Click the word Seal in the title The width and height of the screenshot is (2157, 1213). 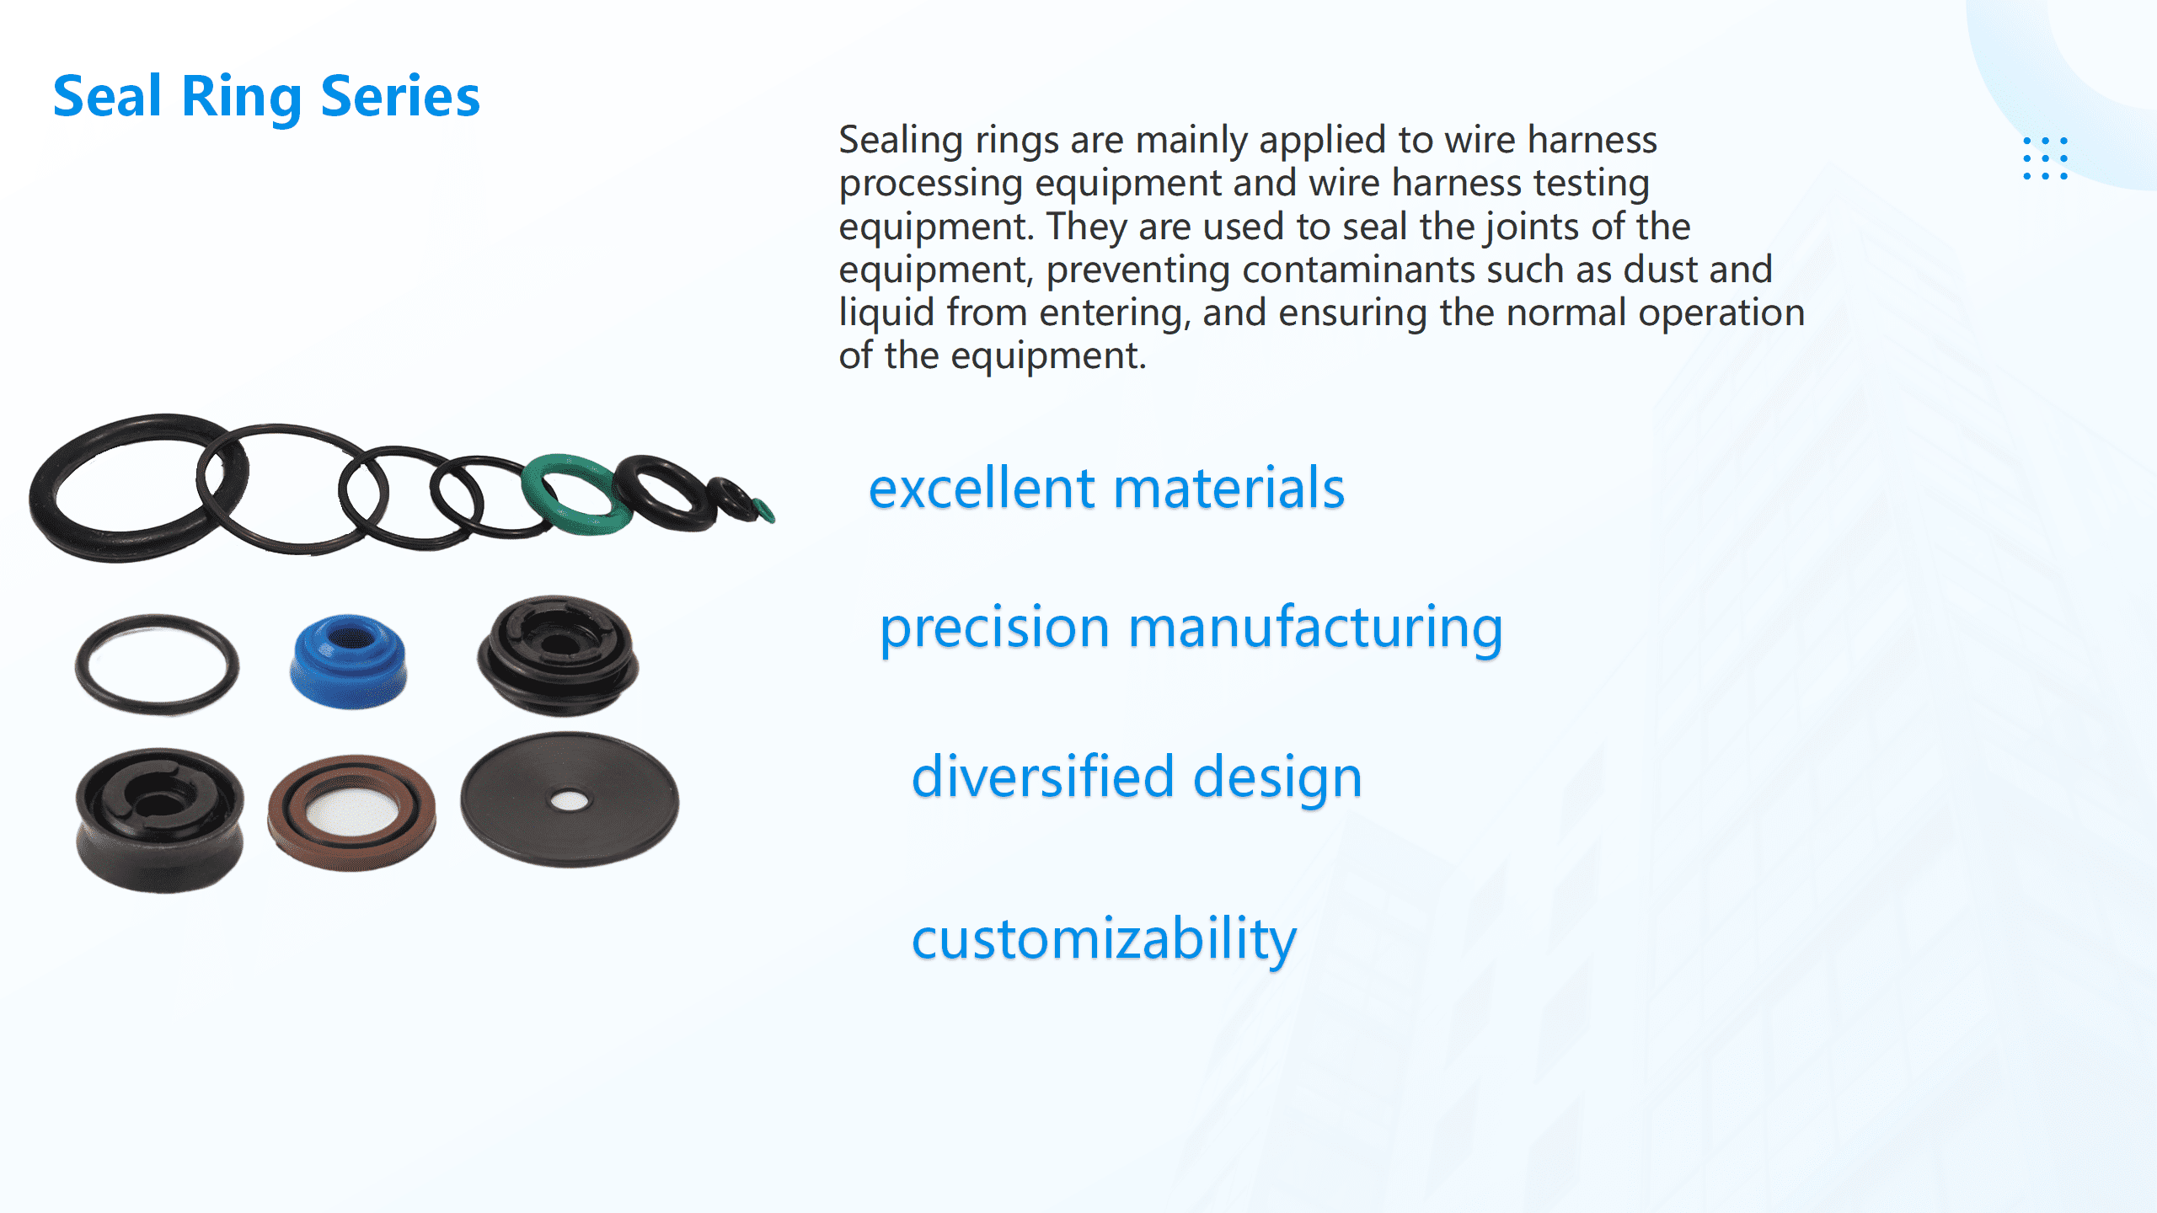107,96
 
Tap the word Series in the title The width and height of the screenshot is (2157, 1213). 400,96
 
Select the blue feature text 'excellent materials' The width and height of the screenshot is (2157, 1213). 1106,489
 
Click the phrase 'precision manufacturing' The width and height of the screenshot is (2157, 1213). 1191,628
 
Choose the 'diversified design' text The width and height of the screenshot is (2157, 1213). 1137,777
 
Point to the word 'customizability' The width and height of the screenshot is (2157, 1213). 1104,938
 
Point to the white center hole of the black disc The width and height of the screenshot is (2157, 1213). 570,800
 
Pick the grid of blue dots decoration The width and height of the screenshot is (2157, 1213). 2045,158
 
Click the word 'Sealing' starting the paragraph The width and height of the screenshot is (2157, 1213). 900,140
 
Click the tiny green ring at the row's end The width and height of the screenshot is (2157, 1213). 763,510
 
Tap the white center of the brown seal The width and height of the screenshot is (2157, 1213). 351,812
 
